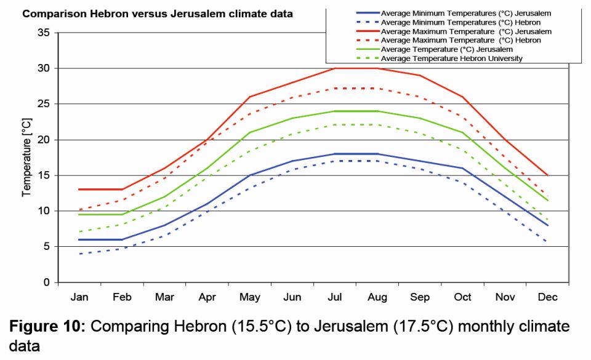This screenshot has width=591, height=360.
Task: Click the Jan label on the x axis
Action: point(79,297)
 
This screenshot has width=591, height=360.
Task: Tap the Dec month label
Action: point(547,297)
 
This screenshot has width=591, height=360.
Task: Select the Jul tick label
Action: point(334,297)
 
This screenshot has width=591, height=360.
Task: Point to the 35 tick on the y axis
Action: point(43,33)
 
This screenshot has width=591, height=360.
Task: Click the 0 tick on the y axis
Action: point(46,282)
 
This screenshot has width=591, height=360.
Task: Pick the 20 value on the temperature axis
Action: point(43,140)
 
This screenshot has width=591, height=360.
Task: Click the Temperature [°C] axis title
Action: point(27,157)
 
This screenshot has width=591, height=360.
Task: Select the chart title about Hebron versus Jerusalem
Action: point(158,14)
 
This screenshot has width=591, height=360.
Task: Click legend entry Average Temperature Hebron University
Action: point(451,58)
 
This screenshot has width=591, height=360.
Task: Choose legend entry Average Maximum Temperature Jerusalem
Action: point(466,31)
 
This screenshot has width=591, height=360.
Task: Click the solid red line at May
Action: point(249,97)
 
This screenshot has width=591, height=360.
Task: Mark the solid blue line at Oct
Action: point(462,168)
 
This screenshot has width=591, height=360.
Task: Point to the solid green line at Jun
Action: point(292,118)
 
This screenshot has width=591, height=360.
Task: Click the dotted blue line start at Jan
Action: point(79,254)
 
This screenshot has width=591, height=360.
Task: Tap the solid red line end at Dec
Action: point(547,175)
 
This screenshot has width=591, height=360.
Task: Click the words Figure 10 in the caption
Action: point(49,326)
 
